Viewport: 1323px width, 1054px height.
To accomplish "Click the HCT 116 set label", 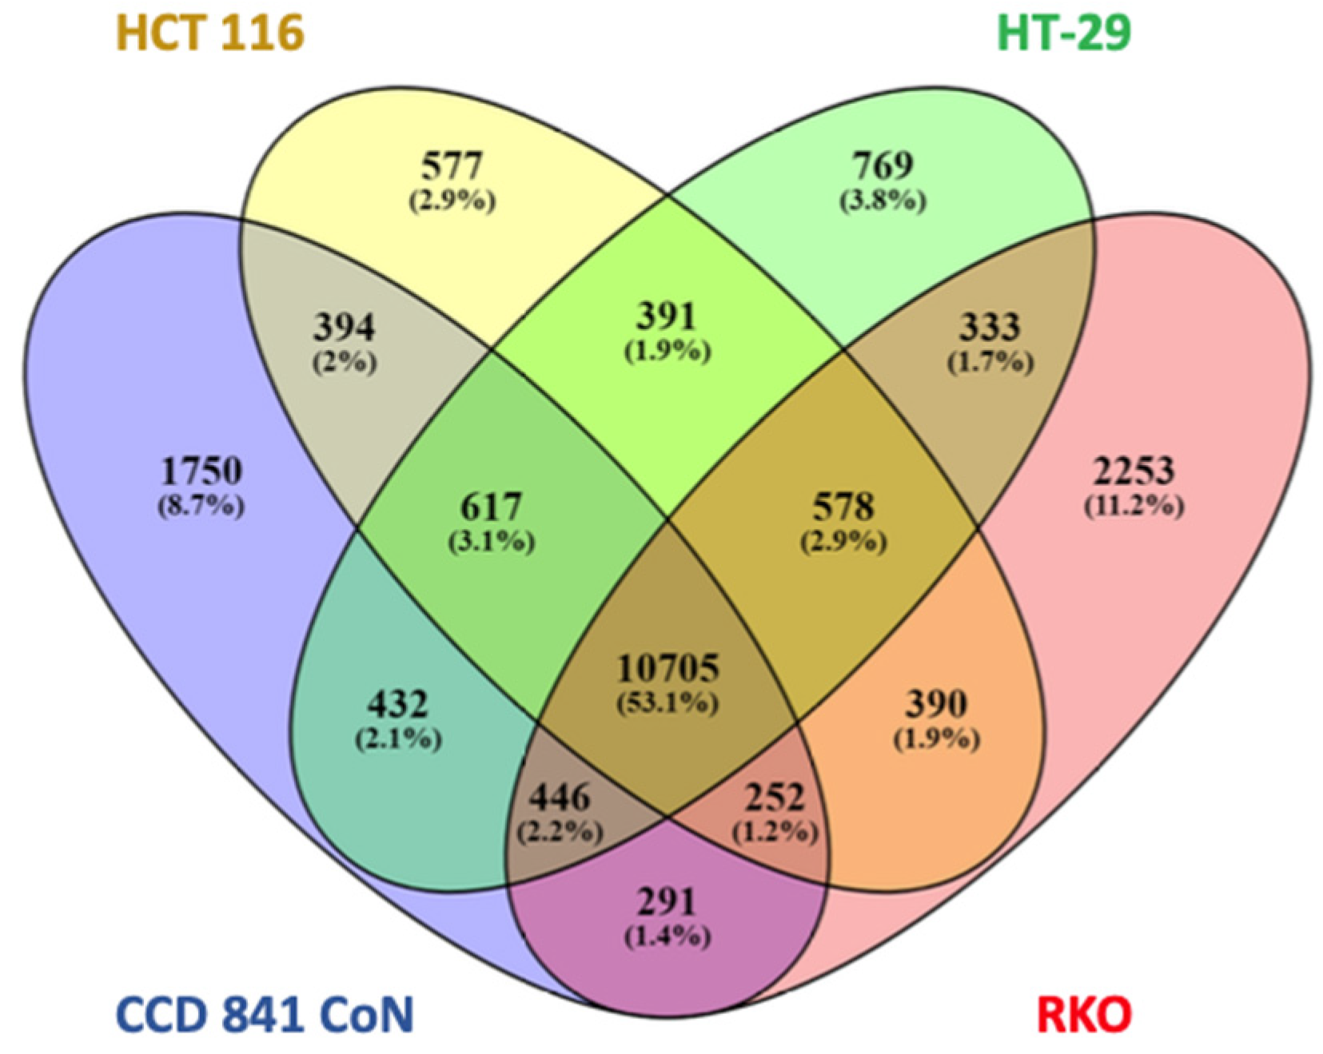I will [210, 34].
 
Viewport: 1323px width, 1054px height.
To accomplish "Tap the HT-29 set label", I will [1064, 34].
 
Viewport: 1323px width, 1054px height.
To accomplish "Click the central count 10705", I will [668, 667].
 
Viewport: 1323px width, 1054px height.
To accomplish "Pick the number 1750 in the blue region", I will [201, 471].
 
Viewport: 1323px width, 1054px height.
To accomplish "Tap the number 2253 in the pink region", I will [1134, 471].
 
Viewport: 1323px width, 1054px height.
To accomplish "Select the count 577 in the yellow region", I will [452, 166].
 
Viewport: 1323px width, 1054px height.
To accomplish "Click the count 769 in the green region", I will [882, 166].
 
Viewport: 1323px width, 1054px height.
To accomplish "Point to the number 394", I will [344, 327].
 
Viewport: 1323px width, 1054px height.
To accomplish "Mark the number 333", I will [990, 327].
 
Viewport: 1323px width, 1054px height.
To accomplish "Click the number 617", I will [491, 507].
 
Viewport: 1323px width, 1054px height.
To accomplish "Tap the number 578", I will [843, 507].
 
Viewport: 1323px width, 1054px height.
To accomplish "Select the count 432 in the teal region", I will [398, 704].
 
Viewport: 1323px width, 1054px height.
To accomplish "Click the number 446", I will [560, 797].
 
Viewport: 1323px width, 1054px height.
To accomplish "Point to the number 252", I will [775, 797].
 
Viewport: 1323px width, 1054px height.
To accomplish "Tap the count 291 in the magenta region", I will [667, 901].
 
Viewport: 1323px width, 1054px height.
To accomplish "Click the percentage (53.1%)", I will [667, 702].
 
